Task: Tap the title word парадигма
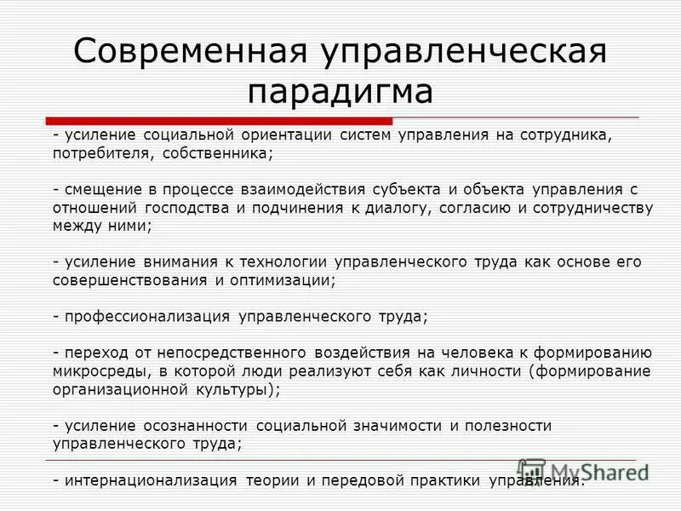[340, 91]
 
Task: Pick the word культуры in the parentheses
[231, 389]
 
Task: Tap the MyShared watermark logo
[583, 471]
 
